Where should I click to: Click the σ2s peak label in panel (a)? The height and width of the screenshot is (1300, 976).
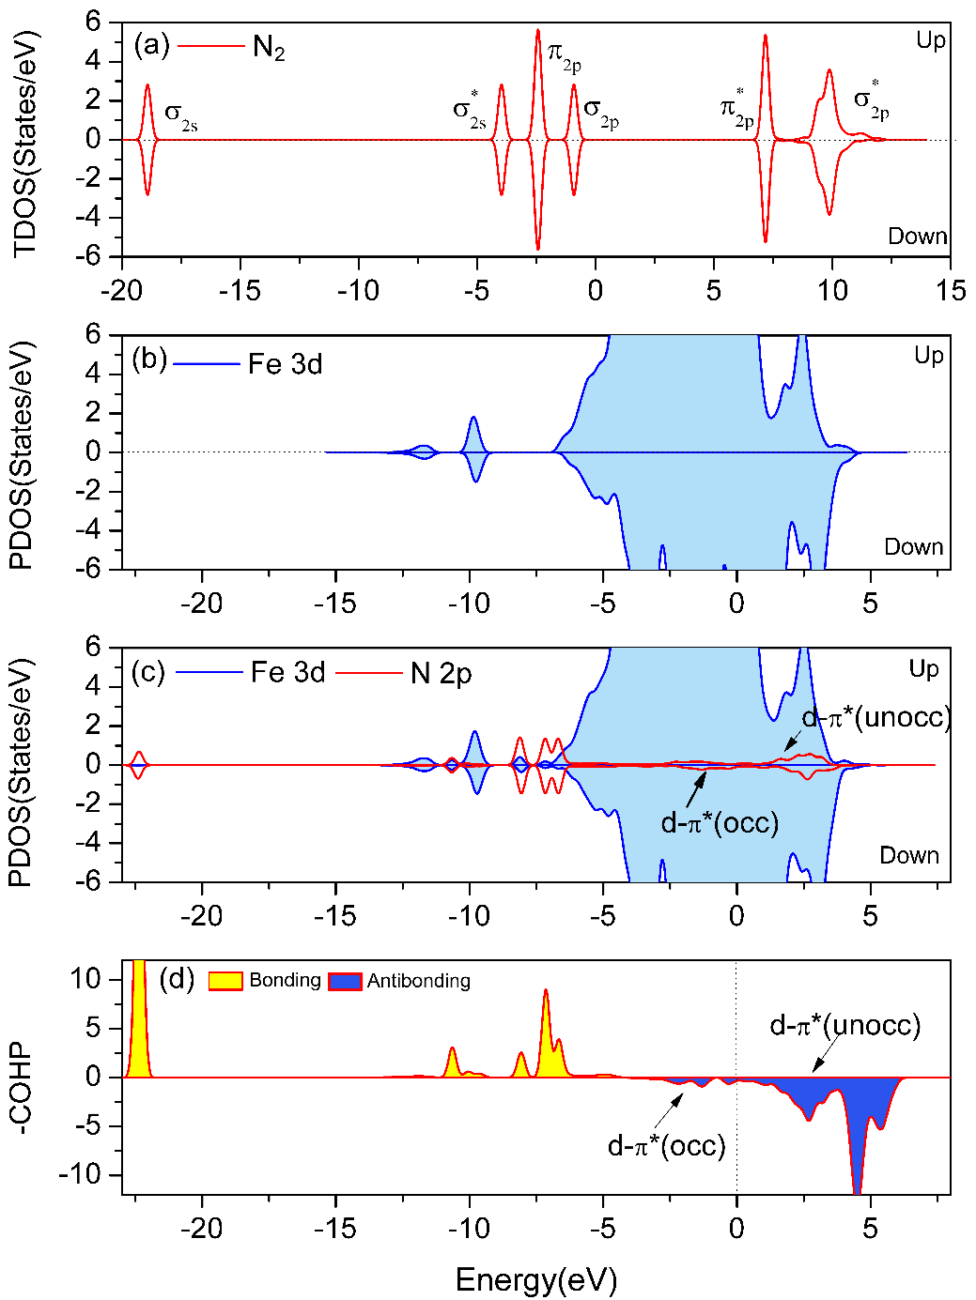pyautogui.click(x=181, y=115)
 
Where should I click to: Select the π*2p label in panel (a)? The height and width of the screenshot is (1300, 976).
pyautogui.click(x=736, y=108)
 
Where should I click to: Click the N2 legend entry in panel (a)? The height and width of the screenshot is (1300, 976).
pyautogui.click(x=269, y=48)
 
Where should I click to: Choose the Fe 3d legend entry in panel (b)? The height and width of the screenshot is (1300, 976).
pyautogui.click(x=285, y=364)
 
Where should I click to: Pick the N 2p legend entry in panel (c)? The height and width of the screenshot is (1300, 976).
pyautogui.click(x=441, y=673)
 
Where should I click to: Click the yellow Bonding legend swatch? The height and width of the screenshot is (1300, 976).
pyautogui.click(x=225, y=982)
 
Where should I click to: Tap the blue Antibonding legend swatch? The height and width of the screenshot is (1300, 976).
pyautogui.click(x=345, y=982)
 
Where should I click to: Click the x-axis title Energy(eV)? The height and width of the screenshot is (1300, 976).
pyautogui.click(x=535, y=1279)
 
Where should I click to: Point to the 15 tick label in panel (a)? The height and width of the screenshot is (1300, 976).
pyautogui.click(x=951, y=290)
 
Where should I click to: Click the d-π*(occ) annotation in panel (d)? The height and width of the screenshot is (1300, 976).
pyautogui.click(x=667, y=1146)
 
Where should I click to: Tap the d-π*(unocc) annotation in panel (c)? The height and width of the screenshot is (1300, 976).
pyautogui.click(x=876, y=719)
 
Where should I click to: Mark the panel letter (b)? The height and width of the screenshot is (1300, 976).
pyautogui.click(x=149, y=360)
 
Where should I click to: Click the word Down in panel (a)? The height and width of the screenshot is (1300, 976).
pyautogui.click(x=918, y=236)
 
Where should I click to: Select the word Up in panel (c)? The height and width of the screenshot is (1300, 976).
pyautogui.click(x=923, y=669)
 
